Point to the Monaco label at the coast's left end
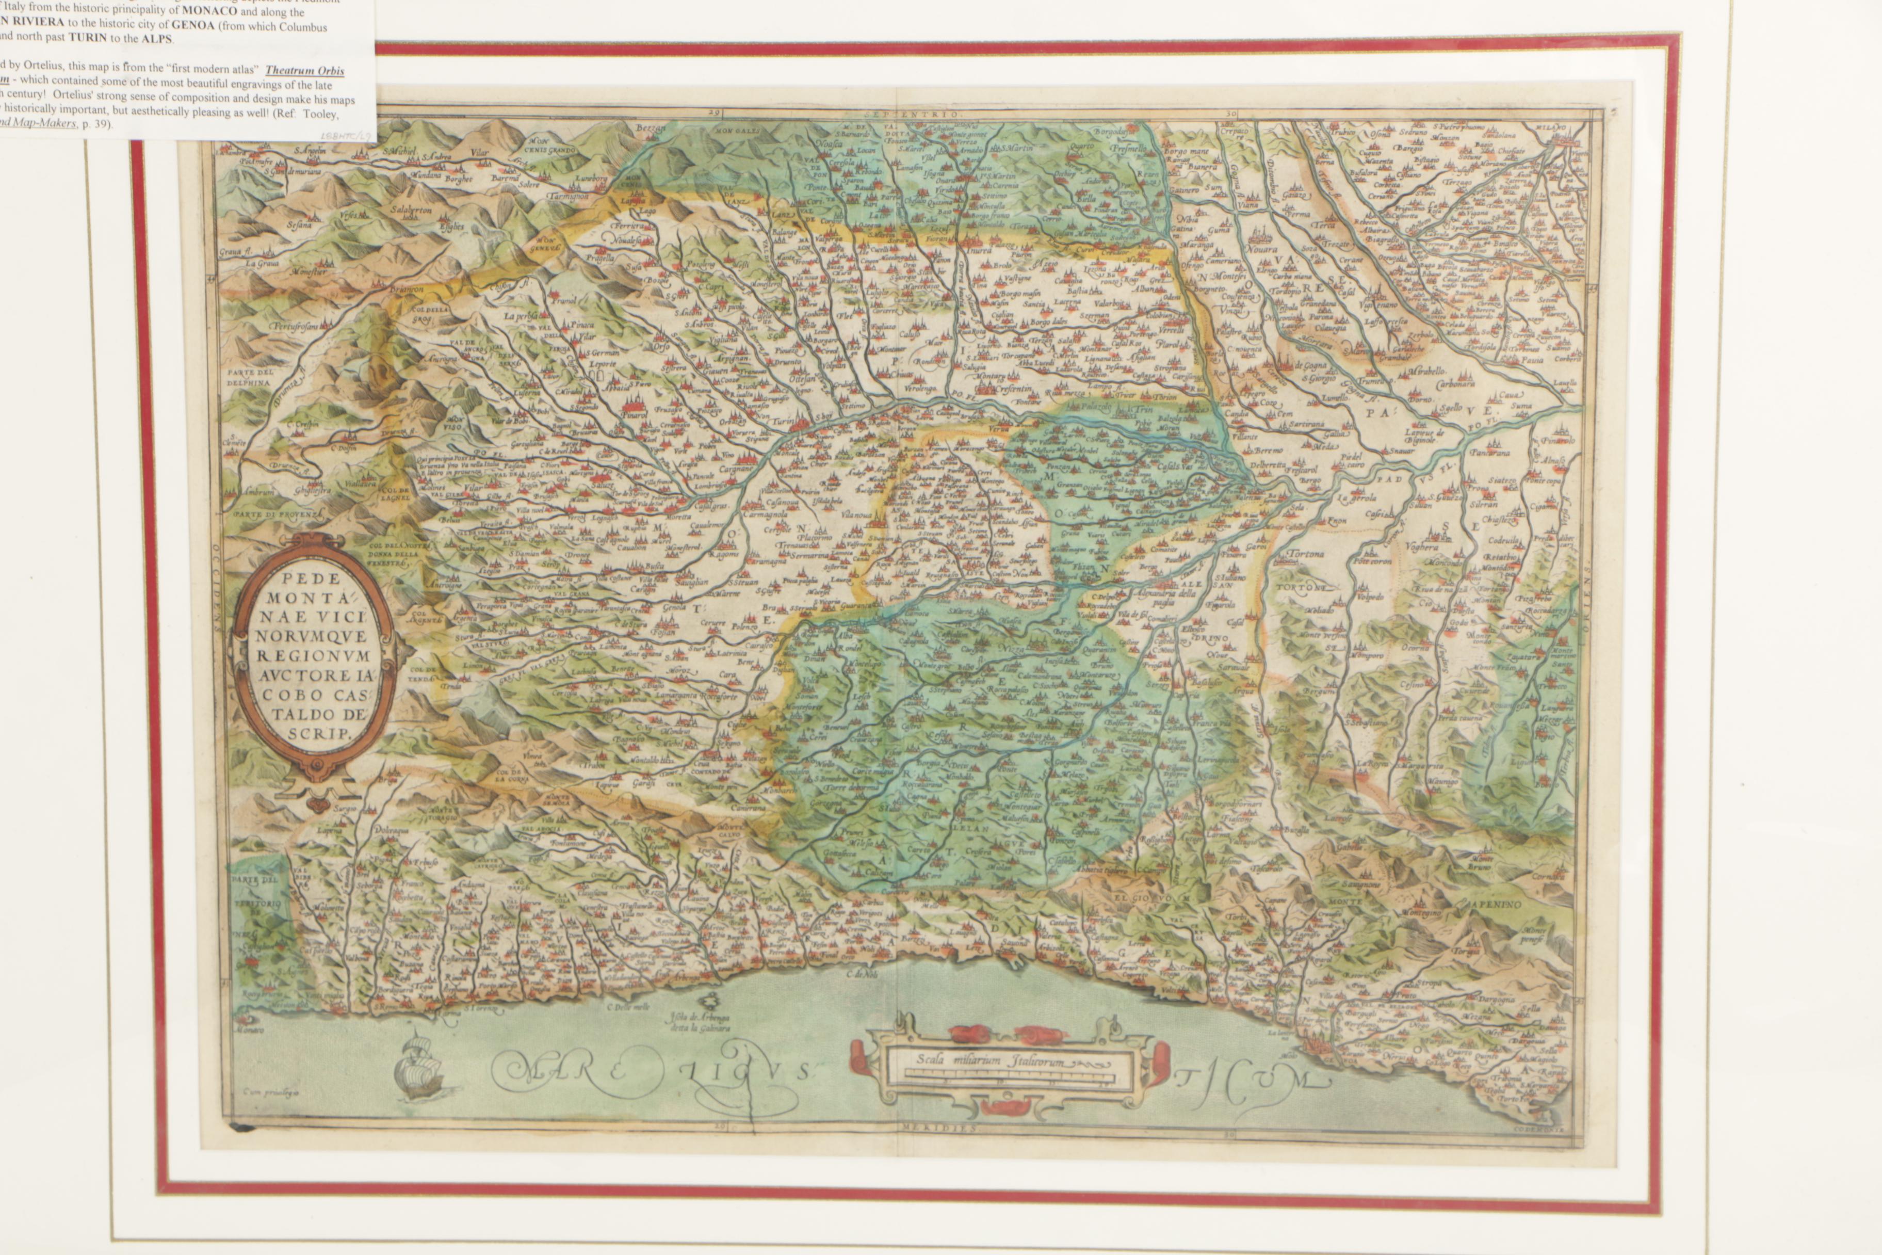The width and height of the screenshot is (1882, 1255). pyautogui.click(x=255, y=1030)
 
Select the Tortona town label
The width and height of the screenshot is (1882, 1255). pyautogui.click(x=1306, y=554)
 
